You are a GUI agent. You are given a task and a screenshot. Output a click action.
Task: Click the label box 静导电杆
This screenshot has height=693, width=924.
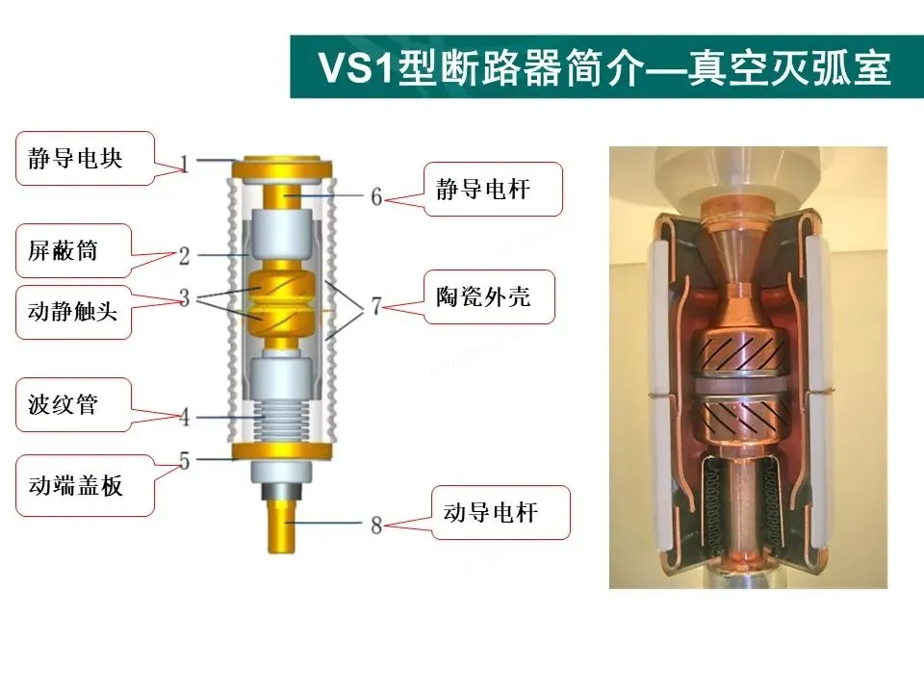pos(491,189)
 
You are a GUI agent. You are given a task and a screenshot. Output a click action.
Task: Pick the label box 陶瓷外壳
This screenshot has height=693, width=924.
pos(491,296)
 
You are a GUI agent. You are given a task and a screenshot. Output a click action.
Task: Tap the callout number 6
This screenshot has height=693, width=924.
pos(376,196)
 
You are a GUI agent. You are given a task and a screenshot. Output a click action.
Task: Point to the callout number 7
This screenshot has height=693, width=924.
pos(376,307)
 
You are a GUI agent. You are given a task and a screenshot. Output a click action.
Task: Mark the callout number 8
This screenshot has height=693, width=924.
pos(376,525)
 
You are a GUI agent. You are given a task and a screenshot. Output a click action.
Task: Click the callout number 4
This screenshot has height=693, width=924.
pos(184,417)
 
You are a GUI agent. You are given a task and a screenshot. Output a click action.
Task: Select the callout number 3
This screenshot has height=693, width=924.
pos(184,297)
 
